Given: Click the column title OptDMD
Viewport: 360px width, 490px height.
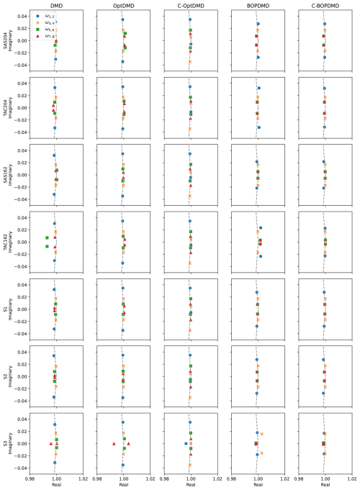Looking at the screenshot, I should pyautogui.click(x=122, y=5).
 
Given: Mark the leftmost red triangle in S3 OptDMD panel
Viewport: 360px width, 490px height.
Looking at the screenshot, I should pyautogui.click(x=114, y=444).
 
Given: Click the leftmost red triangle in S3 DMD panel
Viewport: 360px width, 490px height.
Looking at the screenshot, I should pyautogui.click(x=50, y=444).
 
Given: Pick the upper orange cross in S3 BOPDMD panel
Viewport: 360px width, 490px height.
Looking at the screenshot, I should pyautogui.click(x=262, y=434).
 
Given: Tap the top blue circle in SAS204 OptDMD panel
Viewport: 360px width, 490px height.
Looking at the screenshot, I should pyautogui.click(x=122, y=19).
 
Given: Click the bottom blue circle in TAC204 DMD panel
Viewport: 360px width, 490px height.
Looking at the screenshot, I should pyautogui.click(x=55, y=128).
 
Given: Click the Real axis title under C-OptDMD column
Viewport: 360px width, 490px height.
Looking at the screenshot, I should pyautogui.click(x=190, y=484).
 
